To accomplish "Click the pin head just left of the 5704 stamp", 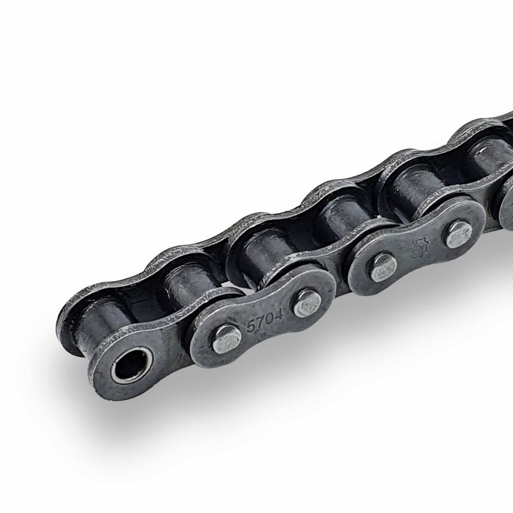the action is click(227, 339).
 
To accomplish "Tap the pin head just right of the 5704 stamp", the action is click(308, 304).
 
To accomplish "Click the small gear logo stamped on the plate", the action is click(419, 248).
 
